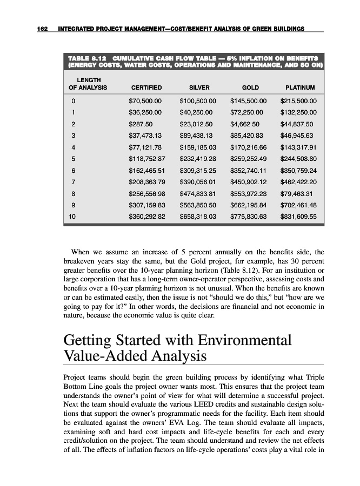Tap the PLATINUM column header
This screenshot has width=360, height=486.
[x=300, y=87]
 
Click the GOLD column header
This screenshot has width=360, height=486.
[x=250, y=87]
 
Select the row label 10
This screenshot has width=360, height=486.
[x=72, y=218]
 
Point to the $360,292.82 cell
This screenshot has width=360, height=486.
[x=147, y=218]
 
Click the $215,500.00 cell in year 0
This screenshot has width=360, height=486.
[x=298, y=100]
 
